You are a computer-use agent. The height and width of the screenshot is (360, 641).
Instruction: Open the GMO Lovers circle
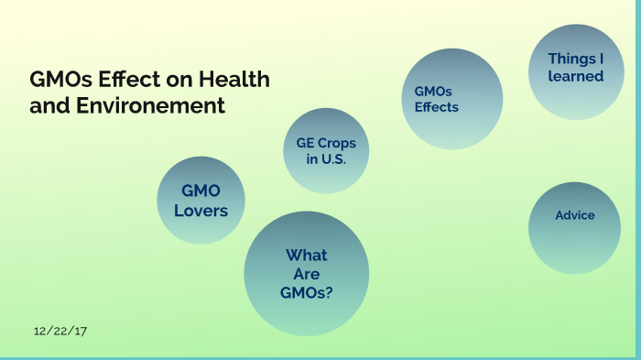(201, 201)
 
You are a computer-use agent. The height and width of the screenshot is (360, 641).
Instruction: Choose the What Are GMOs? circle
(307, 273)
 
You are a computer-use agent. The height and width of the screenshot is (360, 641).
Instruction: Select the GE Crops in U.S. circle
(326, 151)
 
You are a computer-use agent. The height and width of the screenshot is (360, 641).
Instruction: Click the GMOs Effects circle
(452, 99)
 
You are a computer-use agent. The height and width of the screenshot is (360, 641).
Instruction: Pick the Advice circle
(575, 226)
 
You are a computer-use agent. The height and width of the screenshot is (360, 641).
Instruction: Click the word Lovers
(201, 212)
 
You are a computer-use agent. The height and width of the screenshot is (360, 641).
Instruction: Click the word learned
(576, 76)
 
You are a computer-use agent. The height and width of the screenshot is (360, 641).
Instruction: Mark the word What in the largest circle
(306, 256)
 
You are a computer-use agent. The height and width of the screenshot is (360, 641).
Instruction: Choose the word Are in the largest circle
(306, 274)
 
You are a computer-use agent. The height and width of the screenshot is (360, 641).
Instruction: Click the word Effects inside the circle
(437, 107)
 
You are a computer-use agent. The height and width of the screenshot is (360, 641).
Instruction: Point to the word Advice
(575, 215)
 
